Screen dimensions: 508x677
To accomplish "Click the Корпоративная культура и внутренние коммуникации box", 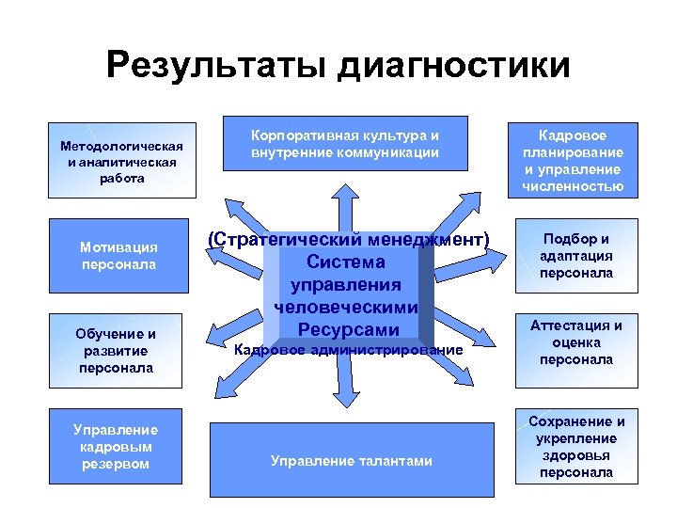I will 344,144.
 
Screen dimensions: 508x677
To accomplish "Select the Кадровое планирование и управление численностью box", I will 572,161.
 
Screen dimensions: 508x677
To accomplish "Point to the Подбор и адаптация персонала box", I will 575,256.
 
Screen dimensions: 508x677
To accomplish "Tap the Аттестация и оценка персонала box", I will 575,341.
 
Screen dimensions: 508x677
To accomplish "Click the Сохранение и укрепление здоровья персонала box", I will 575,447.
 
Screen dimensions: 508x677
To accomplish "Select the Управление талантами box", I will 351,460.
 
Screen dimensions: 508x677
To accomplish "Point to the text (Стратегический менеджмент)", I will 348,240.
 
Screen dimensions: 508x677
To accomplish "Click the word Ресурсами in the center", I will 348,329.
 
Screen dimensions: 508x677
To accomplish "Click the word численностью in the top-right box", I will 572,186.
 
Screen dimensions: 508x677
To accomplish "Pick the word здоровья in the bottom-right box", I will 575,455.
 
